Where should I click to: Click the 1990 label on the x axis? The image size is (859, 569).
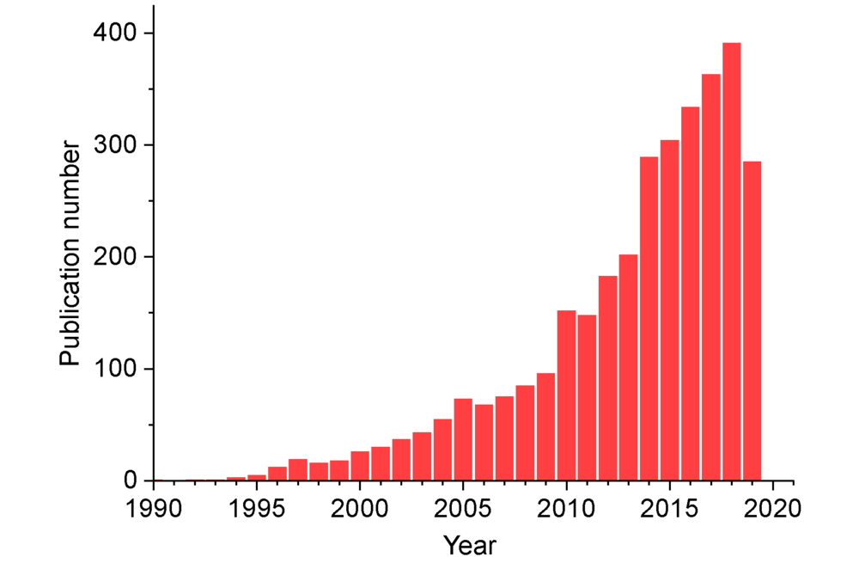pyautogui.click(x=154, y=506)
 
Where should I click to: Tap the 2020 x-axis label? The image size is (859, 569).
pyautogui.click(x=773, y=506)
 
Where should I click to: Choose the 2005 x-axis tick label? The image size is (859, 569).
pyautogui.click(x=463, y=506)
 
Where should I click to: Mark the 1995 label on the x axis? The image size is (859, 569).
pyautogui.click(x=257, y=506)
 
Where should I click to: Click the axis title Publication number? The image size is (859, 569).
pyautogui.click(x=70, y=255)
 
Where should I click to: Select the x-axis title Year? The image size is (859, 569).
pyautogui.click(x=470, y=544)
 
